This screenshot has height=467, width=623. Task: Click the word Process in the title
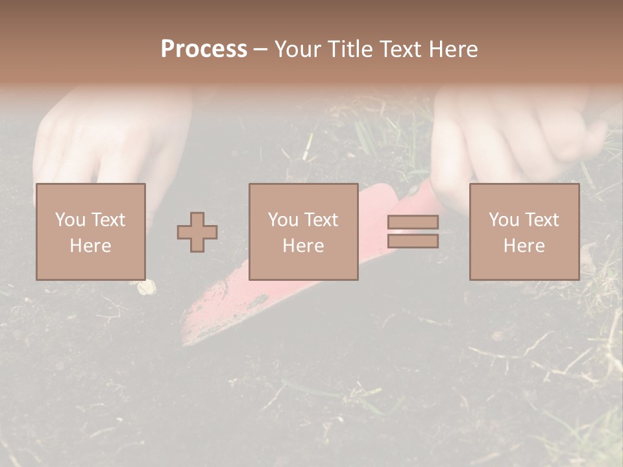click(204, 49)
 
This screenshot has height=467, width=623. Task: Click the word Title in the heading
click(350, 49)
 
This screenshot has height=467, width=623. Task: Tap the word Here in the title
click(454, 49)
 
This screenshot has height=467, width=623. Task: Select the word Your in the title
click(299, 49)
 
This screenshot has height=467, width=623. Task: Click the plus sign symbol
click(197, 232)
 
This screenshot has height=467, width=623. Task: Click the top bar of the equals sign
click(413, 222)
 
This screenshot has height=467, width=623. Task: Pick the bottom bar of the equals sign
click(413, 241)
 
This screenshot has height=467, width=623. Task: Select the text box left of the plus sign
click(90, 232)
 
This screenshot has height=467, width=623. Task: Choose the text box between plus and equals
click(303, 232)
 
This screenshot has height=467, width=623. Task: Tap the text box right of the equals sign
click(524, 232)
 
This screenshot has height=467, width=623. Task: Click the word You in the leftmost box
click(69, 219)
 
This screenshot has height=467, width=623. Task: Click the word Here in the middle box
click(303, 245)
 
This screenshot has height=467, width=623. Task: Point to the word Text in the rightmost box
click(539, 219)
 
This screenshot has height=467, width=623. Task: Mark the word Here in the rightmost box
click(524, 245)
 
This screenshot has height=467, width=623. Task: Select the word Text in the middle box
click(319, 219)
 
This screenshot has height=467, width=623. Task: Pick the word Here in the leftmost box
click(90, 245)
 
